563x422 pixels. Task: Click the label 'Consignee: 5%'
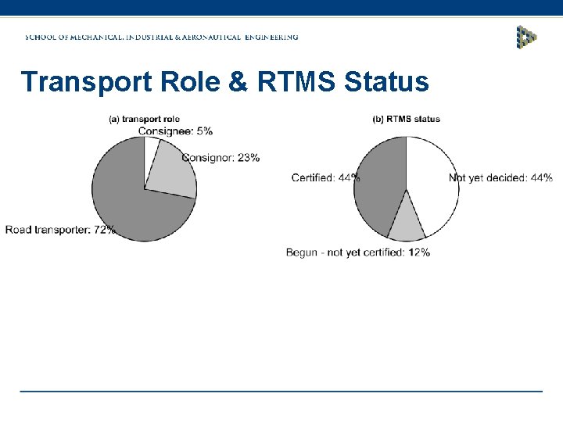pyautogui.click(x=175, y=131)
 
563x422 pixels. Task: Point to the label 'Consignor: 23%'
pyautogui.click(x=221, y=158)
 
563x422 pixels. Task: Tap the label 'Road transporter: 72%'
pyautogui.click(x=60, y=230)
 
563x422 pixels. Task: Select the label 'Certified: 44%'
pyautogui.click(x=325, y=178)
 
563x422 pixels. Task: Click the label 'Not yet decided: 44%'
pyautogui.click(x=500, y=178)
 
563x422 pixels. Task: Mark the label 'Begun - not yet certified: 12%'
pyautogui.click(x=357, y=252)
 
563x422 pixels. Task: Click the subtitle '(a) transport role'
pyautogui.click(x=144, y=120)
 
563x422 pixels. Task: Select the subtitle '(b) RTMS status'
pyautogui.click(x=406, y=120)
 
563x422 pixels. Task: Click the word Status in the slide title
pyautogui.click(x=387, y=81)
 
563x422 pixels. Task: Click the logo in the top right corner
pyautogui.click(x=527, y=37)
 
